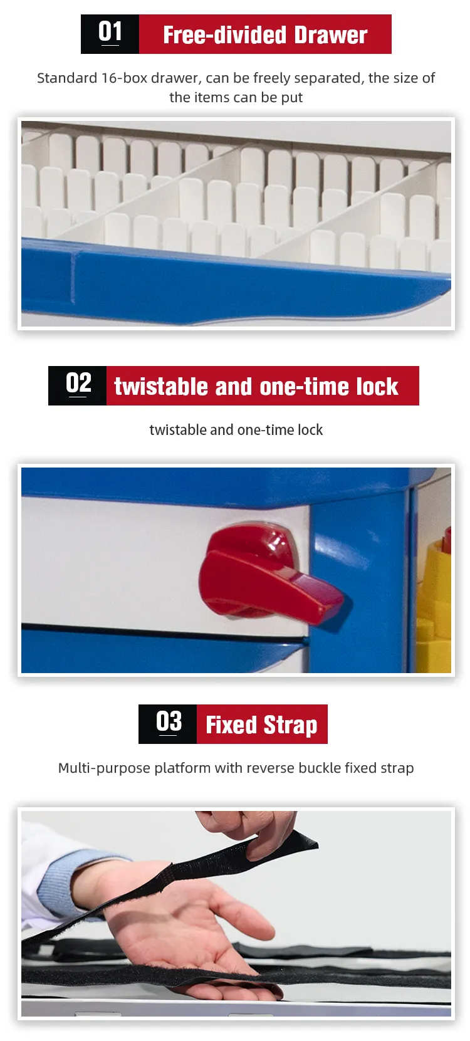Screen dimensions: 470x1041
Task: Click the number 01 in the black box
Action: (110, 32)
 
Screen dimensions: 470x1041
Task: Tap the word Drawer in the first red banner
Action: (330, 35)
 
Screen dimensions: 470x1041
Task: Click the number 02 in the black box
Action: (78, 384)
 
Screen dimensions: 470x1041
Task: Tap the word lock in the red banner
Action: (377, 386)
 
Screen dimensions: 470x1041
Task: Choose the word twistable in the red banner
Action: (161, 386)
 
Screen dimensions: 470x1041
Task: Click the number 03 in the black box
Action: (169, 722)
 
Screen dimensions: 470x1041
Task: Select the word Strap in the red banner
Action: (291, 726)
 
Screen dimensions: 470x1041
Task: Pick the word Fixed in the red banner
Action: (231, 725)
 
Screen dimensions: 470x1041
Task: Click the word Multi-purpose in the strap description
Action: (104, 768)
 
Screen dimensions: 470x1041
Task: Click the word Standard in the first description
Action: (67, 78)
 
